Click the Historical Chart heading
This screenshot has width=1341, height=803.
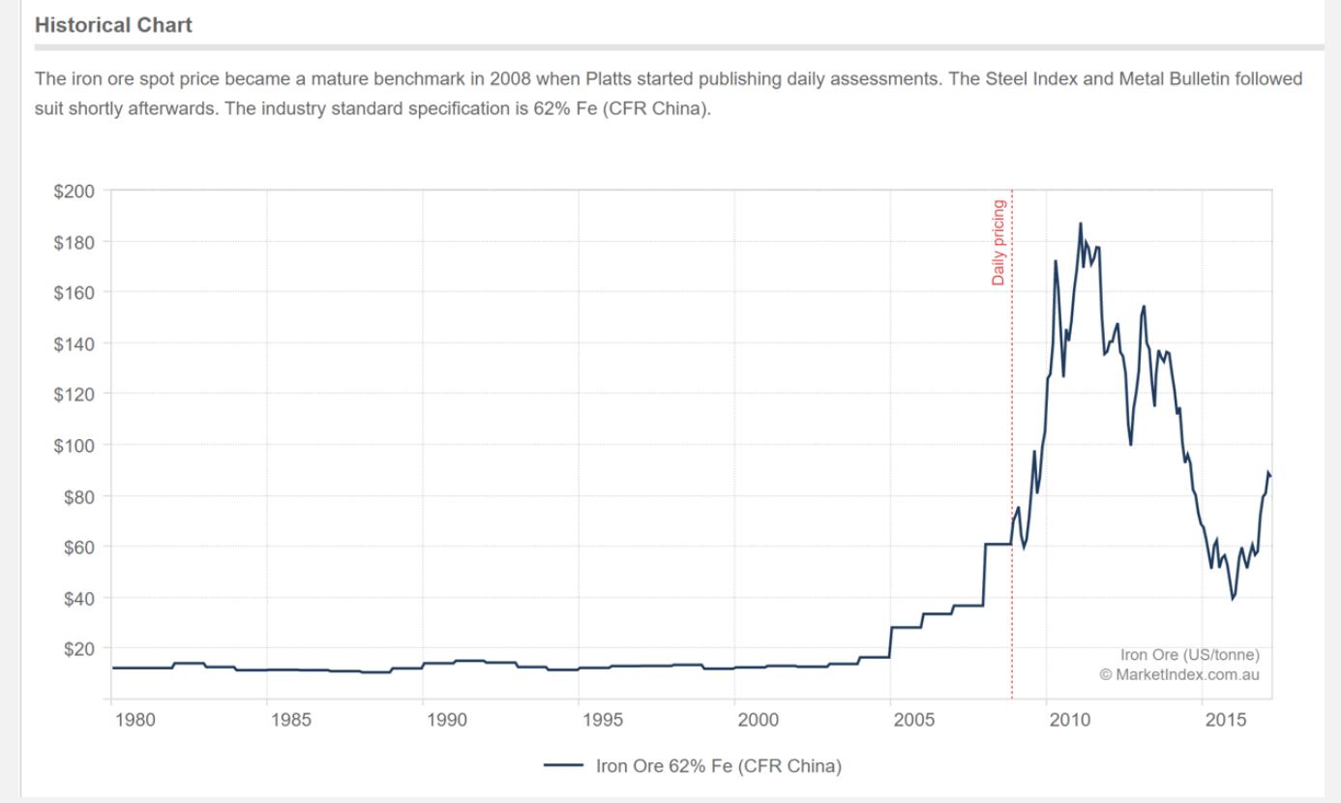click(113, 26)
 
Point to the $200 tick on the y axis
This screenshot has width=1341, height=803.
click(74, 191)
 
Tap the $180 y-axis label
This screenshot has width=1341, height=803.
click(74, 242)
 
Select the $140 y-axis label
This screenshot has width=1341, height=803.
click(74, 343)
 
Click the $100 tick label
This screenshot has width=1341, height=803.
click(74, 445)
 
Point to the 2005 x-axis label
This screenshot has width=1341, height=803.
click(912, 720)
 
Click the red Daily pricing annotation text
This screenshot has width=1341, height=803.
click(998, 242)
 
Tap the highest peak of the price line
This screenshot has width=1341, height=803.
click(1081, 223)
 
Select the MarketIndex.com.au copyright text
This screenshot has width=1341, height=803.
click(1179, 674)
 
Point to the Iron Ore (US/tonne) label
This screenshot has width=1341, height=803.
click(1189, 655)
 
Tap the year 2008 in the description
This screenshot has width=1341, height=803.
click(509, 78)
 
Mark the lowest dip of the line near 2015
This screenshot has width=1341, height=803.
click(1233, 599)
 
